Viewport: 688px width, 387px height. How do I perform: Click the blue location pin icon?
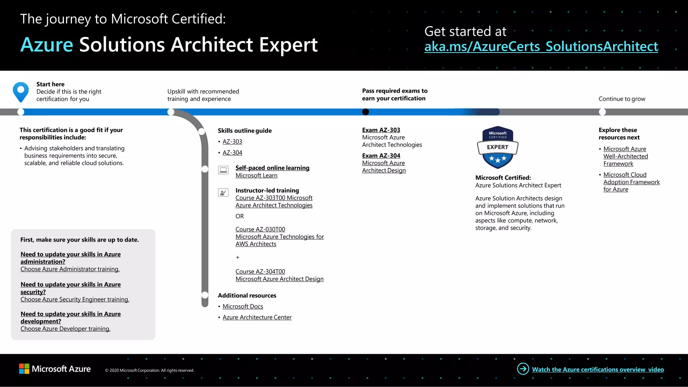pos(21,91)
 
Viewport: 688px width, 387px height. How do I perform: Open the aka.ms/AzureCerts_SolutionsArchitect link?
pos(541,47)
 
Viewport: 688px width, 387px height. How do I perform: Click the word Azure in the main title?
pos(47,45)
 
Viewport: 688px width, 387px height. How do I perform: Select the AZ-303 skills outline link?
pos(232,142)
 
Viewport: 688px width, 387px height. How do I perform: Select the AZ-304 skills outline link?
pos(232,153)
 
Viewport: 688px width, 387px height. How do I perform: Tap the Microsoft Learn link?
pos(256,175)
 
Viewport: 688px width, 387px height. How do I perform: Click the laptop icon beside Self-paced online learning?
pos(223,170)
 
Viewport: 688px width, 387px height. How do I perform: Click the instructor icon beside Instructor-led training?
pos(223,192)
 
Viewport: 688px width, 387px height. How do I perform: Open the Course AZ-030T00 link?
pos(260,229)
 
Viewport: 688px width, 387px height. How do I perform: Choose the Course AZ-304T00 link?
pos(260,271)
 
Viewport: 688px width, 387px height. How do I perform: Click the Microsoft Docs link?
pos(243,306)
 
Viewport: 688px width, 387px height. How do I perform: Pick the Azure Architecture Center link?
pos(257,317)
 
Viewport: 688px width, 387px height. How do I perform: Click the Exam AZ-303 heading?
pos(381,130)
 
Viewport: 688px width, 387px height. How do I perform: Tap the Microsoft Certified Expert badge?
pos(498,147)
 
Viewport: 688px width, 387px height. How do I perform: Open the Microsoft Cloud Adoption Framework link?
pos(631,182)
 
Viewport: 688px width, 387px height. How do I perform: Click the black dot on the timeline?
pos(365,112)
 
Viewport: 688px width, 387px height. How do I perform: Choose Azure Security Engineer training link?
pos(75,299)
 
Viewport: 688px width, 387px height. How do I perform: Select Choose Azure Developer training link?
pos(65,329)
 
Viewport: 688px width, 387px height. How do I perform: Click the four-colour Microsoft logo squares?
pos(24,369)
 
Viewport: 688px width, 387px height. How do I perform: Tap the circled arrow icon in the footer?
pos(523,369)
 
